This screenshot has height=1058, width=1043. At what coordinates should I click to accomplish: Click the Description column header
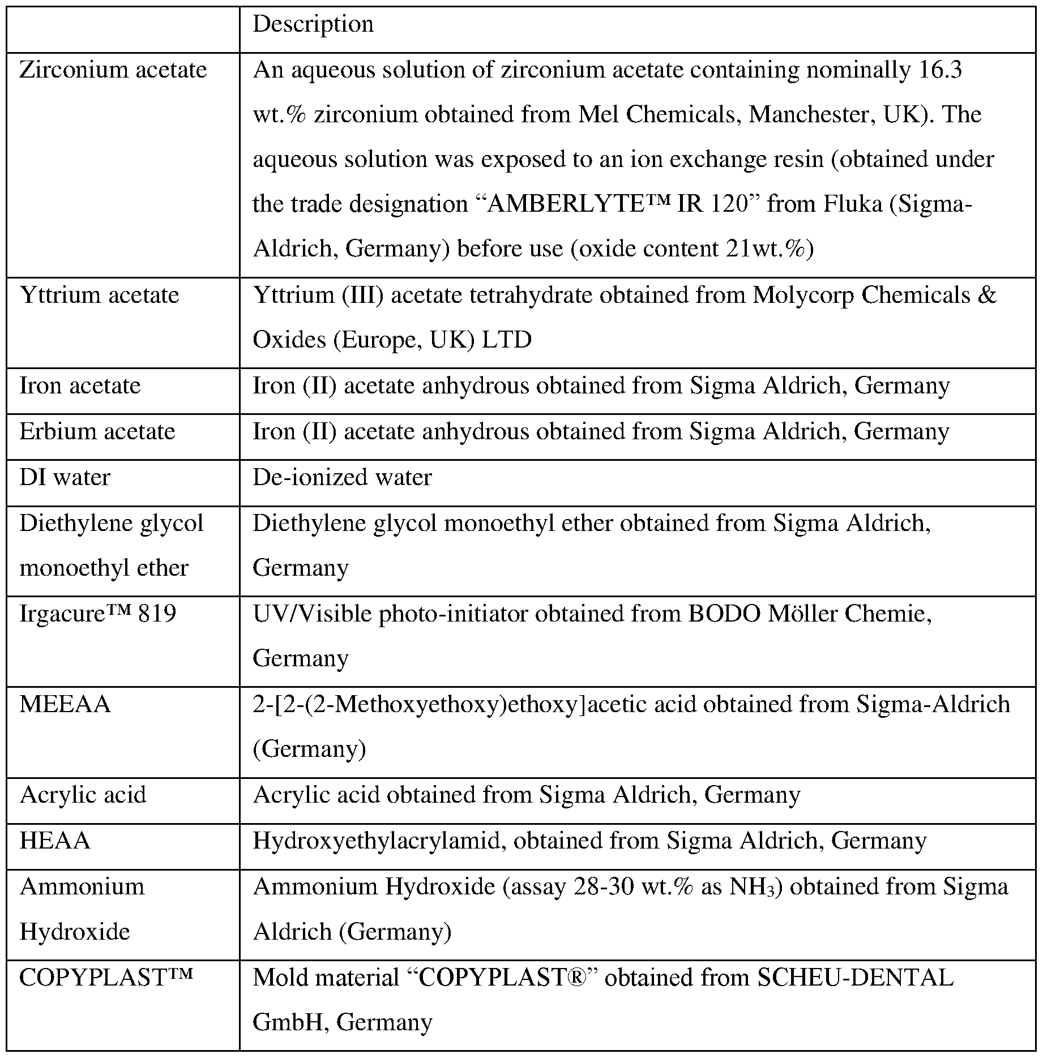(313, 25)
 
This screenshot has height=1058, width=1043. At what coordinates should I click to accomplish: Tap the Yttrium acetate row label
(99, 295)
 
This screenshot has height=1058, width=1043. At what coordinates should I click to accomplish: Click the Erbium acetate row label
(97, 432)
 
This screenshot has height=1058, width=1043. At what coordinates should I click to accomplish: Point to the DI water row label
(65, 478)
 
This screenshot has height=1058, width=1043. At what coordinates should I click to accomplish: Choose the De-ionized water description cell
(342, 478)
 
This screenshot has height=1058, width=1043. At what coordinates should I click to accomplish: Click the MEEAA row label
(65, 705)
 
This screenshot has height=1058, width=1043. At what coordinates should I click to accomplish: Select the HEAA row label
(54, 841)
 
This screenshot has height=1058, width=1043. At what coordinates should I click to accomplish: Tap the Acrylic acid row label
(83, 795)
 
